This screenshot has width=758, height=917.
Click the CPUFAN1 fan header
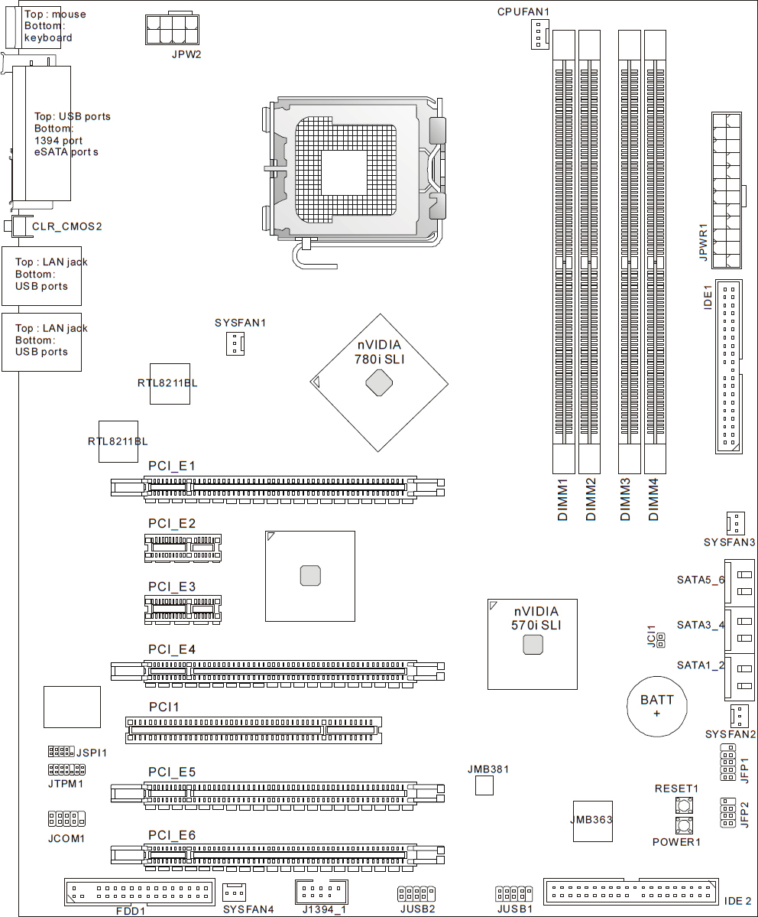point(540,34)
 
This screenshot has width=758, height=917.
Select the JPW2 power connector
point(172,28)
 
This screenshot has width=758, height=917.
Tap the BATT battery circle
point(657,707)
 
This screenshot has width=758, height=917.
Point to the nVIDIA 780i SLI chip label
point(379,352)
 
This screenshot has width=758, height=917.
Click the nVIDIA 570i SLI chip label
point(536,618)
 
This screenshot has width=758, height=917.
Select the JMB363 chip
point(593,821)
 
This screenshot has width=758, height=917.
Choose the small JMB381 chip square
point(484,786)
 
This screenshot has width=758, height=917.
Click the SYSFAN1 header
point(235,344)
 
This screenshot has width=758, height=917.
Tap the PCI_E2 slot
point(183,548)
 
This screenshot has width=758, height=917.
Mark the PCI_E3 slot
point(183,610)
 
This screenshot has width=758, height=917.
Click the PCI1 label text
point(164,707)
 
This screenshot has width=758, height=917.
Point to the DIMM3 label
point(625,499)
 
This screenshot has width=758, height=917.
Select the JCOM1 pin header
point(66,818)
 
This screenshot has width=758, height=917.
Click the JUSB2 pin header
point(416,893)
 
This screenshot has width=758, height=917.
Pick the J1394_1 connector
point(322,892)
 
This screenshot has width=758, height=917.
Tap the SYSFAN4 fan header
point(235,892)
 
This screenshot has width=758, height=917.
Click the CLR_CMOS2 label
point(66,226)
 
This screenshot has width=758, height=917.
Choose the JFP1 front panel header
point(727,762)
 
